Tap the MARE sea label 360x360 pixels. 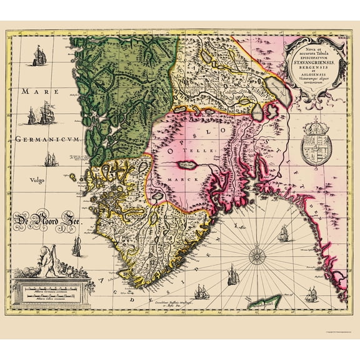(33, 91)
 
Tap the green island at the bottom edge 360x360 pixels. (268, 302)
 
